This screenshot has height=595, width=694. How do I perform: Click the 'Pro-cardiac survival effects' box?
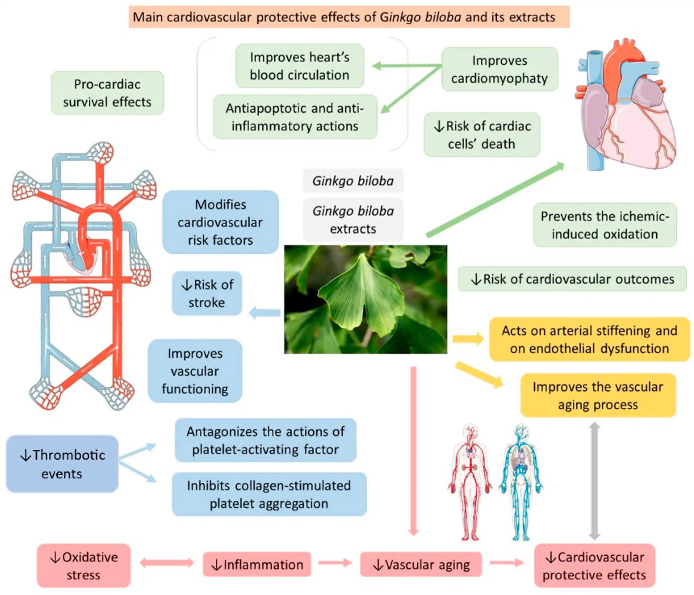click(107, 93)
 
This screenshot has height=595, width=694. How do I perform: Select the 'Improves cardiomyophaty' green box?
click(499, 69)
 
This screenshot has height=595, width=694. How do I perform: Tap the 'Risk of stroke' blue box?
click(207, 293)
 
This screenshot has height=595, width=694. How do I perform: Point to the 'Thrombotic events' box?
click(62, 464)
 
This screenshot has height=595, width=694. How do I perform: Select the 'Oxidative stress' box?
click(84, 566)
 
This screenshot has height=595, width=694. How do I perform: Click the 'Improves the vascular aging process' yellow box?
click(598, 396)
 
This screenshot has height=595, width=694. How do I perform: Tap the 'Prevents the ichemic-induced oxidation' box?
click(605, 225)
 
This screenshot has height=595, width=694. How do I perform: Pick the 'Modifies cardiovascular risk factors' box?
click(220, 222)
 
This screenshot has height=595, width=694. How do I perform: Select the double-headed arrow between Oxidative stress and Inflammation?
click(166, 563)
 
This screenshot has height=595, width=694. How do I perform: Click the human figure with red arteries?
click(470, 482)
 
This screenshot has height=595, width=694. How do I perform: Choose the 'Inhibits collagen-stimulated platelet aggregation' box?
click(269, 494)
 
